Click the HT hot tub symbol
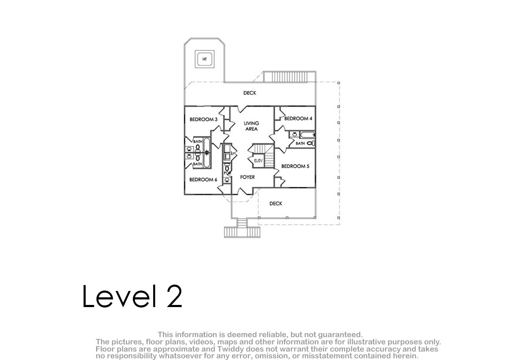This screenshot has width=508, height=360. (204, 59)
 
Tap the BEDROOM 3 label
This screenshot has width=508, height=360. (204, 119)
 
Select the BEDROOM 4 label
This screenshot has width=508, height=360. (298, 119)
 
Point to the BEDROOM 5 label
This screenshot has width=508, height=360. (295, 166)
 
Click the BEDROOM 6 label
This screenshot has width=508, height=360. (203, 180)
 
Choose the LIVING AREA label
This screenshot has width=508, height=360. (251, 126)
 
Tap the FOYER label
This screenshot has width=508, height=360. (247, 177)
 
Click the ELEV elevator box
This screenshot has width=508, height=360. (258, 161)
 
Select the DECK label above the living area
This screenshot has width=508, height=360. (250, 93)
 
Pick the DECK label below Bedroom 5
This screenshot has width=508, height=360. (276, 203)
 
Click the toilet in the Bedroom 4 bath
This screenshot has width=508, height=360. (311, 144)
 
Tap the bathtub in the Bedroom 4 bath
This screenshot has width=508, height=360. (307, 135)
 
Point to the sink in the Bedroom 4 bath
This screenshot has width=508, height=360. (295, 134)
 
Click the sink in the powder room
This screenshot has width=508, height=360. (227, 180)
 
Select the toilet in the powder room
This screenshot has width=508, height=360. (227, 168)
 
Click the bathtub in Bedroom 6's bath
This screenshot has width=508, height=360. (207, 161)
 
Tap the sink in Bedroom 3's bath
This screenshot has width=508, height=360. (189, 149)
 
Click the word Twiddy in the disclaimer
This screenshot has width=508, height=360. (231, 349)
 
